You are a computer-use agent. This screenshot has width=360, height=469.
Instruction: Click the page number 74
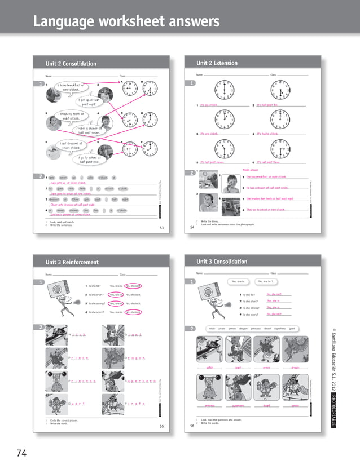click(x=20, y=453)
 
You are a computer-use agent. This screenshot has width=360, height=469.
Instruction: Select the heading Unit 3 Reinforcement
click(x=72, y=262)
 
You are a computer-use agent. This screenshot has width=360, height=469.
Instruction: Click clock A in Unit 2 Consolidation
click(x=130, y=89)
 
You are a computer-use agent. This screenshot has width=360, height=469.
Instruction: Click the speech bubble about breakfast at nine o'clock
click(x=70, y=87)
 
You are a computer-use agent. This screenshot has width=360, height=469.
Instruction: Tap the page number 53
click(x=161, y=228)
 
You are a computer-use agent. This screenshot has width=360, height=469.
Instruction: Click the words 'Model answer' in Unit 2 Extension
click(x=250, y=169)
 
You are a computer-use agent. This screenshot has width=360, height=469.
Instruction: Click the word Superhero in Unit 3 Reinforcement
click(x=141, y=382)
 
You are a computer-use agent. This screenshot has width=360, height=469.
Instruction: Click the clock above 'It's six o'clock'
click(x=225, y=90)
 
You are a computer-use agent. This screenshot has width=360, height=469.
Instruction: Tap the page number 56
click(x=192, y=426)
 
